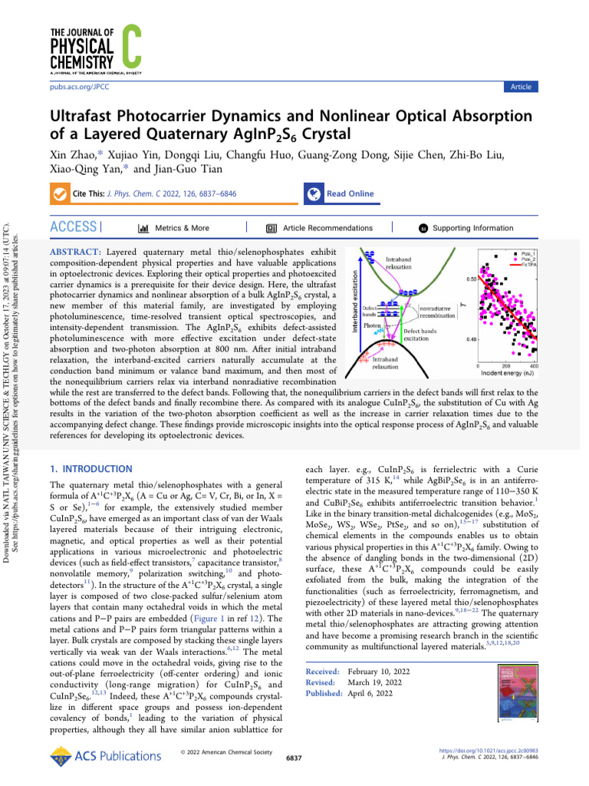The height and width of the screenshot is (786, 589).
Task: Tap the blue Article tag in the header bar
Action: click(521, 87)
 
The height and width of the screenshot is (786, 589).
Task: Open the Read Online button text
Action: click(350, 194)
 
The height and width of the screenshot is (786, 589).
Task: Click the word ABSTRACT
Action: click(75, 252)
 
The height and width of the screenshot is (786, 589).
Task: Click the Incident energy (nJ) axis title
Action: click(507, 373)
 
